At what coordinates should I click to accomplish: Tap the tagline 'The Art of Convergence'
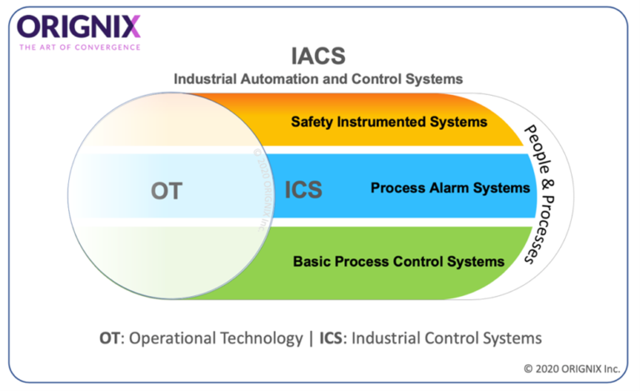[x=80, y=47]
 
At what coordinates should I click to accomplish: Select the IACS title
[x=317, y=57]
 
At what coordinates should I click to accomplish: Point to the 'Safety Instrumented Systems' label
[x=388, y=122]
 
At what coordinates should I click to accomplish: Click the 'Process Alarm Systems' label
[x=450, y=188]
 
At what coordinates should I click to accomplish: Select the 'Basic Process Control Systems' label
[x=398, y=262]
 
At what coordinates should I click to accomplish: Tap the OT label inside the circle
[x=166, y=191]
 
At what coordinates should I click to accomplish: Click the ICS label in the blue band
[x=303, y=190]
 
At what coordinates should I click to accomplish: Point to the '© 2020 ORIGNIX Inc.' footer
[x=574, y=367]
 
